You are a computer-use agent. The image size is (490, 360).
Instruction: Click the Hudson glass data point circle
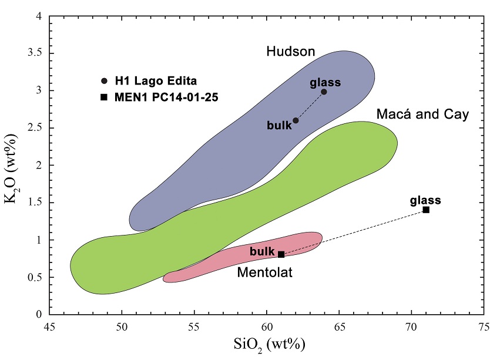(324, 92)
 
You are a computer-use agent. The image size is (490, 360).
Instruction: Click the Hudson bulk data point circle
(296, 120)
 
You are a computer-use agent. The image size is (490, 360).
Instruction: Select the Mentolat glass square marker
(426, 210)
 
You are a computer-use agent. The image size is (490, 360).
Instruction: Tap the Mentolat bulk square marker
(281, 254)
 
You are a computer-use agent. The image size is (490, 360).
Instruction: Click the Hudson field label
(291, 52)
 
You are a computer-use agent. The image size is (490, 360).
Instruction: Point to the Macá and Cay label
(422, 114)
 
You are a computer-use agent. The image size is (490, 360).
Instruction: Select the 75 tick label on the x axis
(483, 326)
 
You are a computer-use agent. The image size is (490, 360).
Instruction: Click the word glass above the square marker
(425, 200)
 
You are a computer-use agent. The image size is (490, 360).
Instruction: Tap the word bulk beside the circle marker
(279, 125)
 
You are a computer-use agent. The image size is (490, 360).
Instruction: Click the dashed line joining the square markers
(353, 233)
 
